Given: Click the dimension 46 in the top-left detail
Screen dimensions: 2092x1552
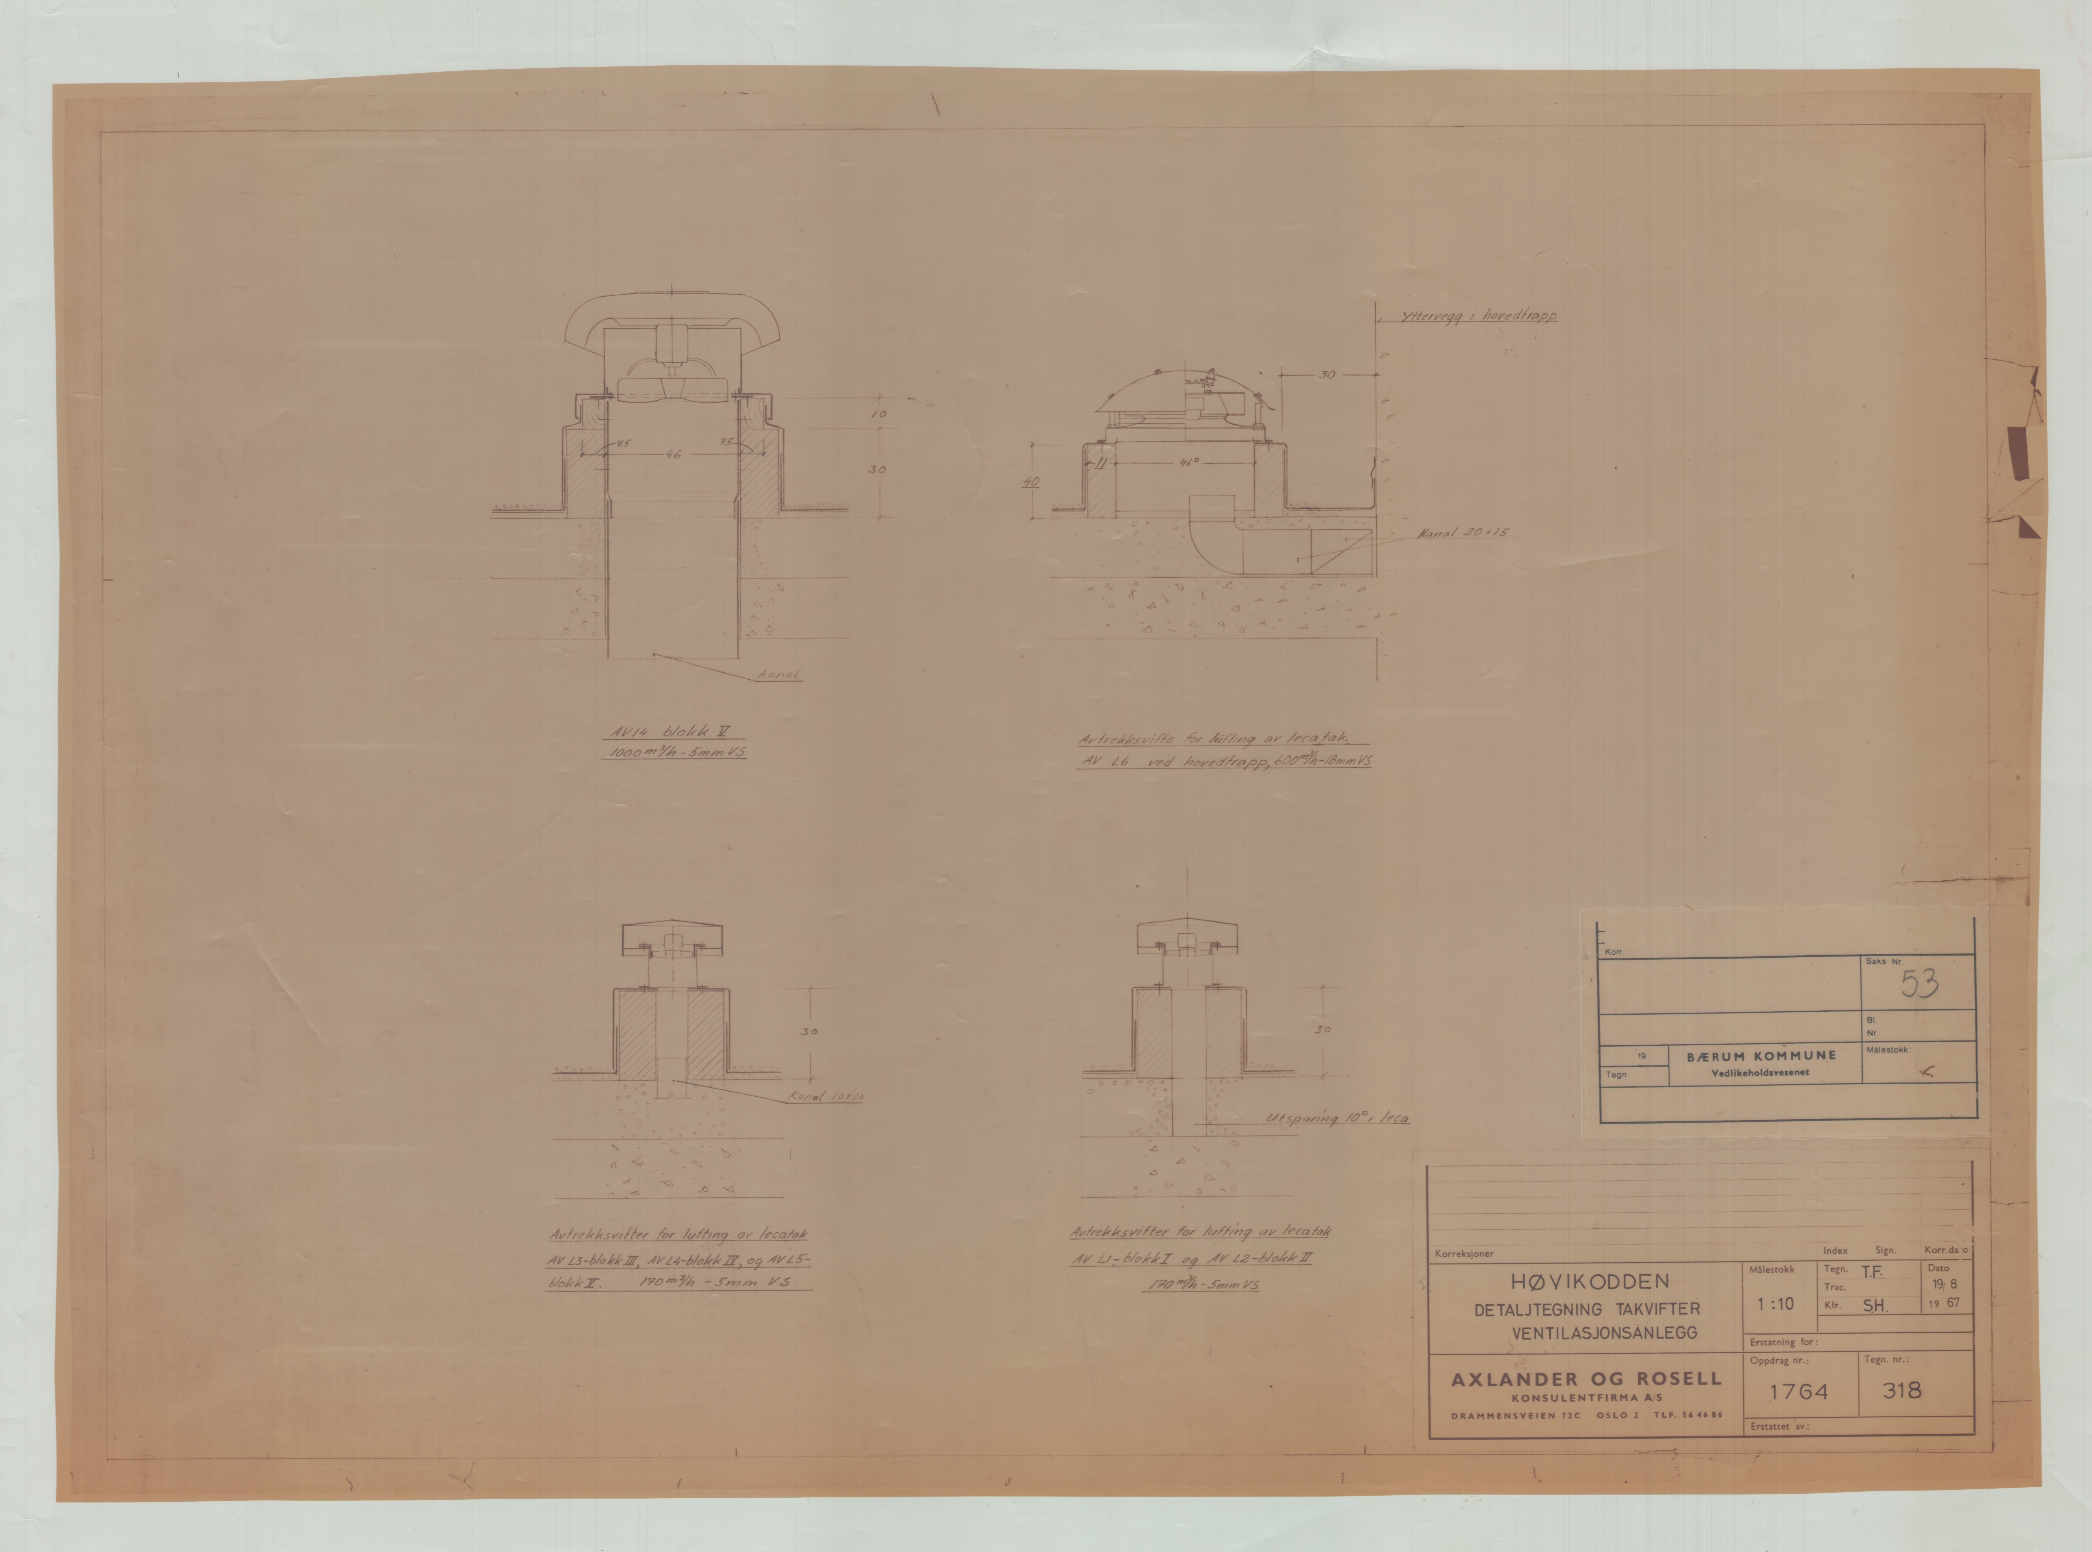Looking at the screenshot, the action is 673,455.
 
